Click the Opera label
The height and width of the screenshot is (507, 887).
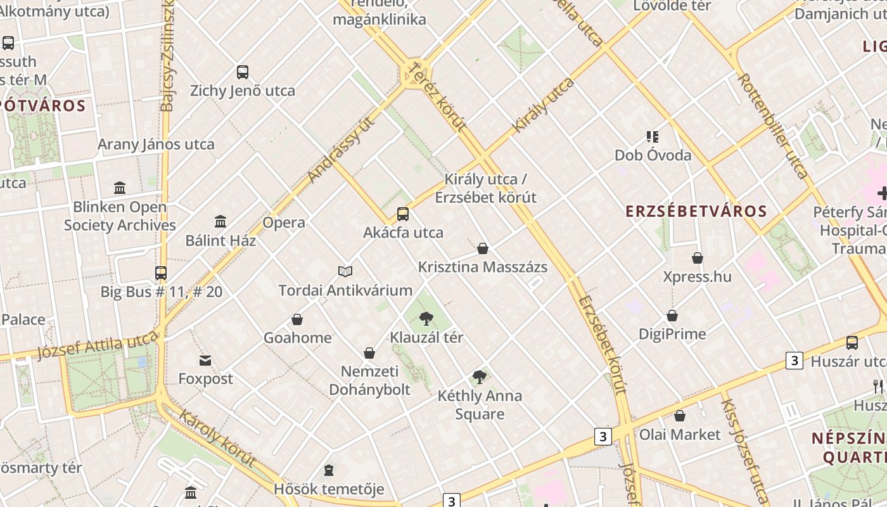click(x=284, y=222)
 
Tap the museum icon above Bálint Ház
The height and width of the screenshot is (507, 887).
click(x=220, y=221)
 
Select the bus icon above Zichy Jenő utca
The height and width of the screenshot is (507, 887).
click(x=243, y=72)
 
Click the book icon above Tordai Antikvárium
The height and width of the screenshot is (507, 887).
click(x=345, y=271)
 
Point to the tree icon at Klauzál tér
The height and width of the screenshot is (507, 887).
click(x=426, y=318)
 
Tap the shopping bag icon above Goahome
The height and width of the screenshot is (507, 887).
click(x=297, y=319)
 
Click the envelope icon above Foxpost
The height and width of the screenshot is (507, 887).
click(x=205, y=361)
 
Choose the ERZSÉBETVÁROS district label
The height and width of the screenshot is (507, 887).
click(x=696, y=211)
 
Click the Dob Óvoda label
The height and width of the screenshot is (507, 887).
click(x=653, y=155)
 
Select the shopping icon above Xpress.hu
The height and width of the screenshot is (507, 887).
click(x=698, y=258)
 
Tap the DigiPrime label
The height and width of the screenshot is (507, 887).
click(x=672, y=333)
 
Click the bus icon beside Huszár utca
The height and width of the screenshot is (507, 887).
click(x=852, y=343)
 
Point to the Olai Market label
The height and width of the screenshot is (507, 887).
click(x=680, y=434)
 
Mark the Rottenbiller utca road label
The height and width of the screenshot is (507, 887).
click(x=773, y=125)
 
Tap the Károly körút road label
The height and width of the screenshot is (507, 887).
click(x=218, y=439)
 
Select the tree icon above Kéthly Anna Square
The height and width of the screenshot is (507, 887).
click(x=480, y=377)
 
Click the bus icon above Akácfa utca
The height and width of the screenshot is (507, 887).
click(x=403, y=214)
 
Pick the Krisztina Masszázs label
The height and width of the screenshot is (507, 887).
click(x=483, y=267)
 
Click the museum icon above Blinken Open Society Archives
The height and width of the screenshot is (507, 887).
click(x=120, y=188)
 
